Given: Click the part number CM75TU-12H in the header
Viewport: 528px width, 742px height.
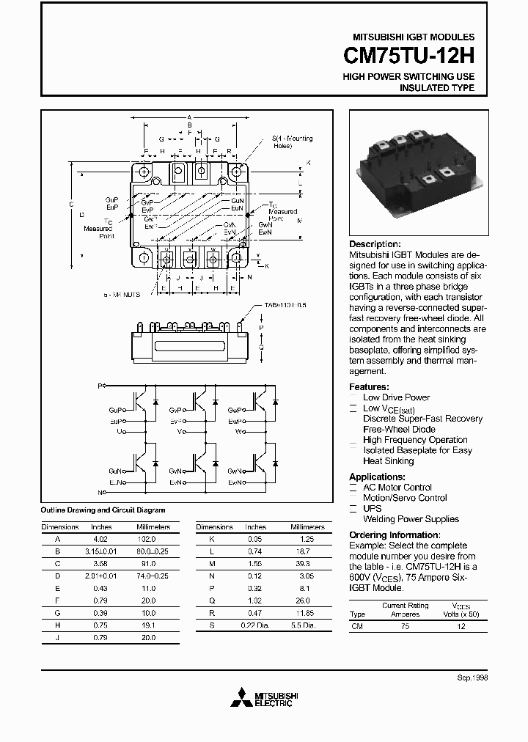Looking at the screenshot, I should [409, 56].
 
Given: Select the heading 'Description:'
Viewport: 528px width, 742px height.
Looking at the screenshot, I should [375, 244].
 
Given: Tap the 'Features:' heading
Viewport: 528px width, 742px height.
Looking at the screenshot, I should [369, 386].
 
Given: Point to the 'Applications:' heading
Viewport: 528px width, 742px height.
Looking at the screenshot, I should [378, 477].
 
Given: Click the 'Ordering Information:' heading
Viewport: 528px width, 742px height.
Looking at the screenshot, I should [394, 535].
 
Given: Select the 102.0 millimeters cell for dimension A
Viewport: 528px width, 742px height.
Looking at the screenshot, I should [147, 537].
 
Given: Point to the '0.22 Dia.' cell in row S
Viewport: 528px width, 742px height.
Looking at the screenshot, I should [257, 625].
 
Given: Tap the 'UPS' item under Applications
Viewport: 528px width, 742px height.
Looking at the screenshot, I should [373, 508].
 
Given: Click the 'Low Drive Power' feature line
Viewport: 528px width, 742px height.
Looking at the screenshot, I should [396, 397].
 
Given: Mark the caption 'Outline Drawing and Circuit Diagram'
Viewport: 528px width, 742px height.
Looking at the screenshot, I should [103, 510].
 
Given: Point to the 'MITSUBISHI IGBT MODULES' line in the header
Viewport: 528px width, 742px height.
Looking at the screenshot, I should [414, 37].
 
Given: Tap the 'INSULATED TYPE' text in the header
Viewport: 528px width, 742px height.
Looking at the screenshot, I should [436, 88].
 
